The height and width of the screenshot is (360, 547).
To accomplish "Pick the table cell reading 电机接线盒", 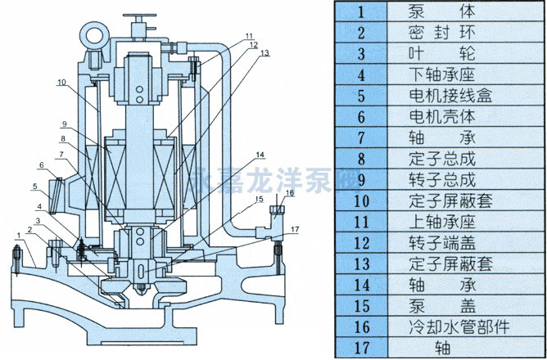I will (441, 95).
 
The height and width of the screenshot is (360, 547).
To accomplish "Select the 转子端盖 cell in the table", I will (441, 242).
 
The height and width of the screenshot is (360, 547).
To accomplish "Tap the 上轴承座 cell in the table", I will (441, 221).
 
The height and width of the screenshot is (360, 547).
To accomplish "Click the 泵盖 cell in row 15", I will (441, 304).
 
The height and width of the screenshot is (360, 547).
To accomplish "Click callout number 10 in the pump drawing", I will (61, 83).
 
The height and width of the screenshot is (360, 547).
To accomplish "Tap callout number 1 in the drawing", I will (16, 236).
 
